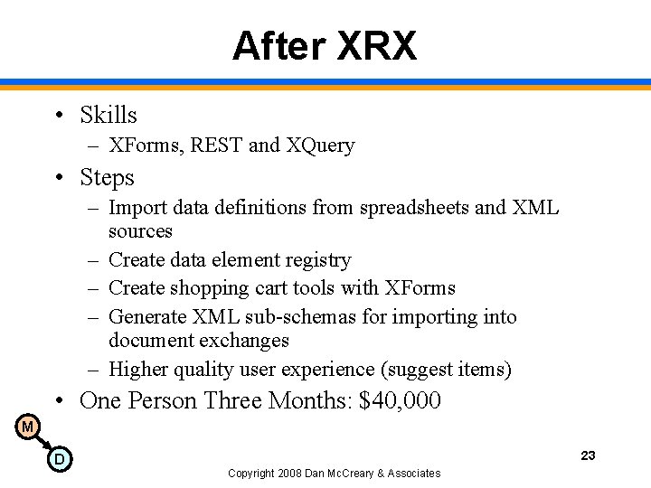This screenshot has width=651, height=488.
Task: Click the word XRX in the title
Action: pos(377,46)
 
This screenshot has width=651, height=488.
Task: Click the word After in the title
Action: pos(280,46)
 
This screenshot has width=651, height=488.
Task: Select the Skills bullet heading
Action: pos(108,115)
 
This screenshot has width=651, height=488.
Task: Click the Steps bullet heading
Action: pos(107,177)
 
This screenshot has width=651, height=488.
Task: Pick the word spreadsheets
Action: pos(414,208)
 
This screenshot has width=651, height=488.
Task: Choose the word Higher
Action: pos(138,370)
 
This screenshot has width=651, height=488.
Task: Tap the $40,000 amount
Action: pos(400,400)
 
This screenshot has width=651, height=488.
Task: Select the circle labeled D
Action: pos(59,460)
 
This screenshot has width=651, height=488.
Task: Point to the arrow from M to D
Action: pos(42,443)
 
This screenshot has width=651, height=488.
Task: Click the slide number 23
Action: pos(588,455)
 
